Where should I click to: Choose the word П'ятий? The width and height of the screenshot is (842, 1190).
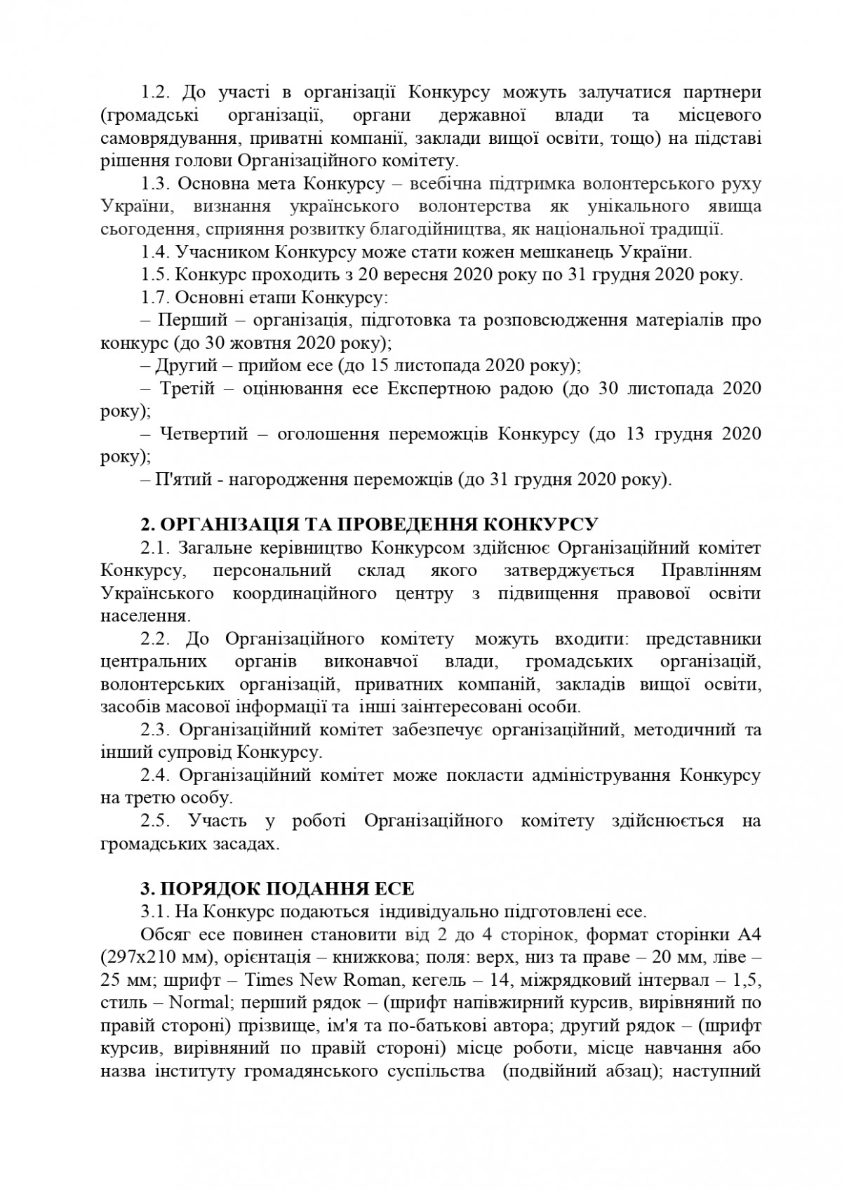[184, 480]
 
